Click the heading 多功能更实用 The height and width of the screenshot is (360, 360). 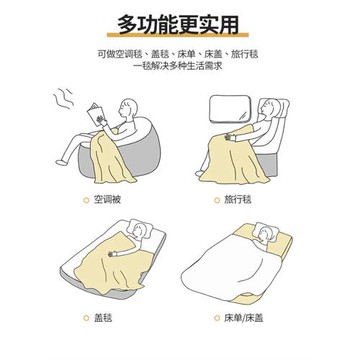(180, 22)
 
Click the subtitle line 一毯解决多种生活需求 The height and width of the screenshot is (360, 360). (180, 66)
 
